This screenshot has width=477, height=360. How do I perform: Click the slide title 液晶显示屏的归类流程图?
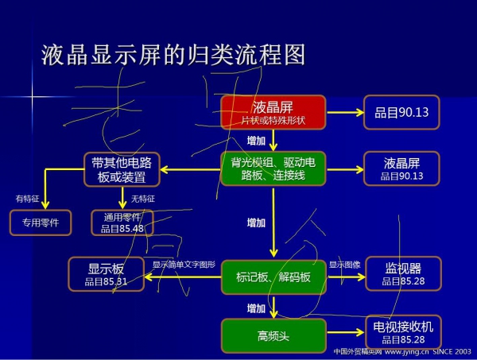pyautogui.click(x=173, y=53)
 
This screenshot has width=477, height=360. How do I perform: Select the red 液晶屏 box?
pyautogui.click(x=273, y=112)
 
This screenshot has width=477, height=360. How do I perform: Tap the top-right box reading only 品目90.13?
pyautogui.click(x=401, y=112)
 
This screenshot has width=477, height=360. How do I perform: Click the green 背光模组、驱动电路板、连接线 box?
pyautogui.click(x=273, y=168)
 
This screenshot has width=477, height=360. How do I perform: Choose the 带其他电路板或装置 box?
pyautogui.click(x=122, y=168)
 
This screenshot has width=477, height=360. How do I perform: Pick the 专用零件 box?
pyautogui.click(x=41, y=222)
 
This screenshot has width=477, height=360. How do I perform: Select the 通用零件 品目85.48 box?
pyautogui.click(x=122, y=222)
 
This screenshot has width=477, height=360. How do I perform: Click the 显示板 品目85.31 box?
pyautogui.click(x=106, y=272)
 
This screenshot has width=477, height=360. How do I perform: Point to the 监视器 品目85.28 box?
pyautogui.click(x=402, y=273)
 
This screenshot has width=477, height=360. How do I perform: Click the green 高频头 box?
pyautogui.click(x=273, y=335)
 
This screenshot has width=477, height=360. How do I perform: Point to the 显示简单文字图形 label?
pyautogui.click(x=184, y=264)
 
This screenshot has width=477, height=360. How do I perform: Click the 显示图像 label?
pyautogui.click(x=345, y=264)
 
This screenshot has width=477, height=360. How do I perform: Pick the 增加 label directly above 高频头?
pyautogui.click(x=256, y=308)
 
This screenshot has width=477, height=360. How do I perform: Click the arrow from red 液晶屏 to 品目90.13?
pyautogui.click(x=344, y=112)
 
